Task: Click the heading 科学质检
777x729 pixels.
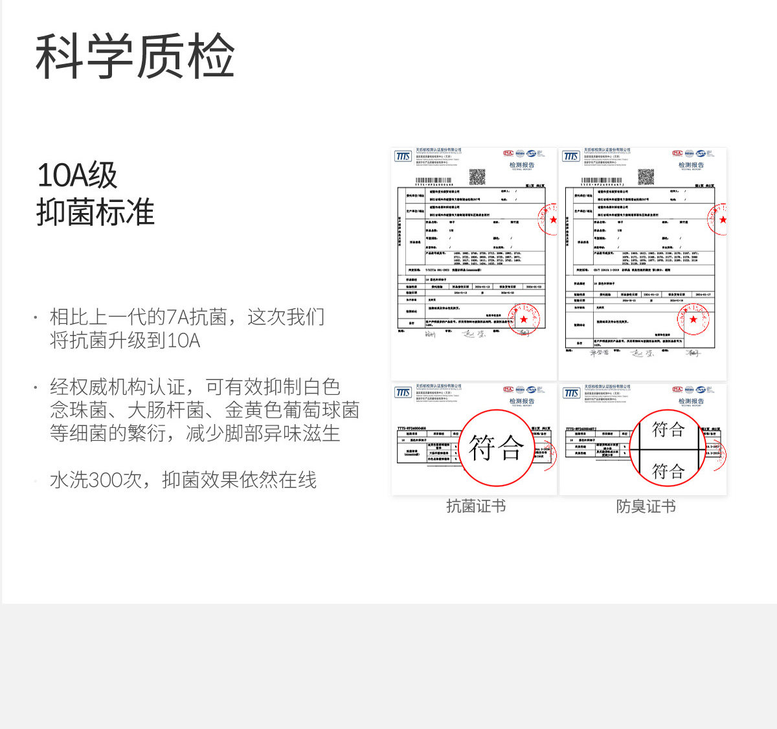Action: coord(135,56)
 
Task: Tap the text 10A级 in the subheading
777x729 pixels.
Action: coord(77,175)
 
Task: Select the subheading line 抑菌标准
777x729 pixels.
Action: coord(96,212)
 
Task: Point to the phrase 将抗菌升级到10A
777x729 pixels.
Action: coord(125,340)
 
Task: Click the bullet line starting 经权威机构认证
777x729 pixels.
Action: coord(195,387)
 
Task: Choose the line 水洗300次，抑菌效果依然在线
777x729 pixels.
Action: coord(183,480)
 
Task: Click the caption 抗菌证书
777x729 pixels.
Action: coord(476,506)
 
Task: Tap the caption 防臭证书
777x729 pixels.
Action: coord(646,506)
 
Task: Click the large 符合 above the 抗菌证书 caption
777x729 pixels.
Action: coord(496,448)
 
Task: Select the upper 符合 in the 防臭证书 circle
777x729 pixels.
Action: coord(668,429)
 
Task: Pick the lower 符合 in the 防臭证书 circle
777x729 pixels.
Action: coord(668,471)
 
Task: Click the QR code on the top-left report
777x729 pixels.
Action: coord(477,176)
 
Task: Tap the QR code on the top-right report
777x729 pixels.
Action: coord(646,176)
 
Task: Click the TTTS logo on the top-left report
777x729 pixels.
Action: coord(403,157)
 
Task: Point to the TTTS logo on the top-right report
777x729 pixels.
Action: coord(571,157)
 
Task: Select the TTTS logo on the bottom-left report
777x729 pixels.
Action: coord(403,393)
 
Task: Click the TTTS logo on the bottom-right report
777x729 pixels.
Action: coord(571,393)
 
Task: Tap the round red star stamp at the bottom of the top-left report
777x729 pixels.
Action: coord(523,319)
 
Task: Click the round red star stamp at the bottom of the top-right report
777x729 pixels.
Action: coord(693,319)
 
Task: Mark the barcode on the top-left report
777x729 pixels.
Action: coord(433,181)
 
